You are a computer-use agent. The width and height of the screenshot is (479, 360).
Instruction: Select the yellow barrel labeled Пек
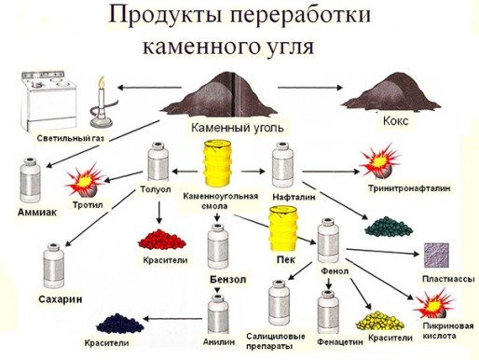(284, 232)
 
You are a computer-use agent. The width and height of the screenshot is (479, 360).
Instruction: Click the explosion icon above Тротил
(87, 178)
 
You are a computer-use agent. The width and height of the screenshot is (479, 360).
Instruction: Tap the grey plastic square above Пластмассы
(438, 256)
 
